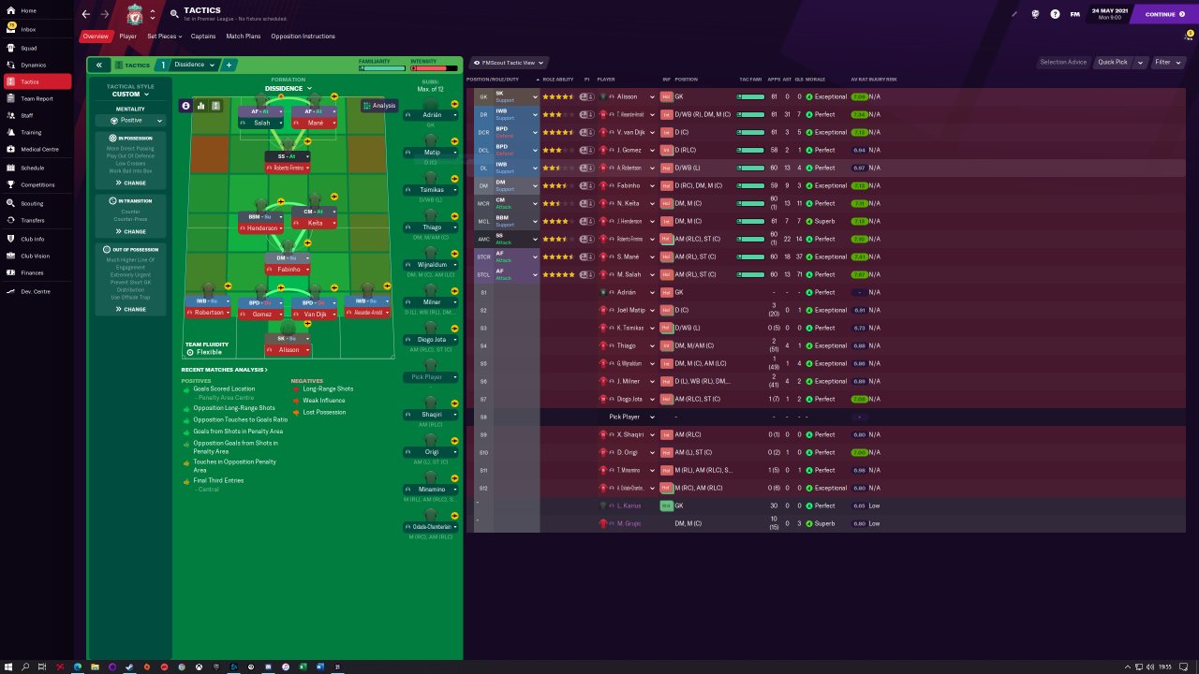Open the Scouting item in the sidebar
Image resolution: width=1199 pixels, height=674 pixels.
pos(32,203)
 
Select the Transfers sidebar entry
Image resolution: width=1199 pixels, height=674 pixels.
pos(33,221)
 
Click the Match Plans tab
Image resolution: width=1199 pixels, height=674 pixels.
pos(244,37)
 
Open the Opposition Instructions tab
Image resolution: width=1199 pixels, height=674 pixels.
pos(303,37)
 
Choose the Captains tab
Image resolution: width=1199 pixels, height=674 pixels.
pos(203,37)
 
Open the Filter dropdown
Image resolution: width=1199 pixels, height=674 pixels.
pos(1166,63)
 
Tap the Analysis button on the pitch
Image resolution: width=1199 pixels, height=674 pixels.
pos(379,106)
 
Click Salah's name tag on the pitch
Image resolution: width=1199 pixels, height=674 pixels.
pos(261,123)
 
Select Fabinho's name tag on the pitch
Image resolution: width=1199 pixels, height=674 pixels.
pos(289,270)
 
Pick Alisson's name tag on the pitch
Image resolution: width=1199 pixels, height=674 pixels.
pos(289,350)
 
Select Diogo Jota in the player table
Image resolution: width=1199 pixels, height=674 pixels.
pos(632,400)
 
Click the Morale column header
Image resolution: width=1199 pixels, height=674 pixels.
pos(816,80)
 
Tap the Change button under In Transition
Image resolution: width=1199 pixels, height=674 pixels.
pos(131,231)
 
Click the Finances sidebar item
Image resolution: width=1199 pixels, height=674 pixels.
pos(32,272)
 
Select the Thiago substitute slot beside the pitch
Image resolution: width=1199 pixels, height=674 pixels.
pos(432,227)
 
